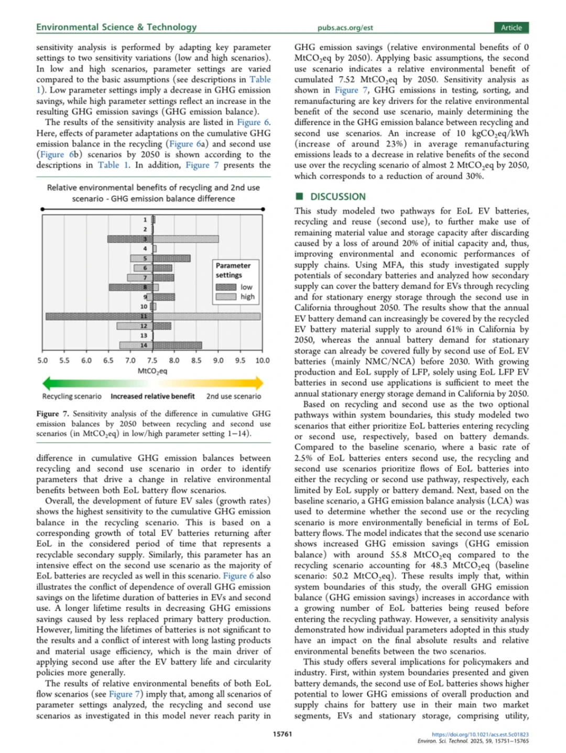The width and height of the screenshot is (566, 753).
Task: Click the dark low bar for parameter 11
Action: [x=100, y=317]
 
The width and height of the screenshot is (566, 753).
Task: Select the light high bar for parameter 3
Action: [x=186, y=239]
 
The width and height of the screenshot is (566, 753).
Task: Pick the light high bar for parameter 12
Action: [x=135, y=326]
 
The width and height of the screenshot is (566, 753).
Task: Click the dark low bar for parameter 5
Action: [x=171, y=259]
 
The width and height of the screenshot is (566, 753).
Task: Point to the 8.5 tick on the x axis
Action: [x=196, y=361]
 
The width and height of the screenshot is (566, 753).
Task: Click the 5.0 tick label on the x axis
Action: [x=42, y=361]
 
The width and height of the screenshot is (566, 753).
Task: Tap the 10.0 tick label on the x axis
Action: [x=262, y=361]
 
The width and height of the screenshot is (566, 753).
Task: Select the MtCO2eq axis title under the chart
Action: [x=153, y=371]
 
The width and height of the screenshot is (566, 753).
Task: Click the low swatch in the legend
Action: [x=226, y=287]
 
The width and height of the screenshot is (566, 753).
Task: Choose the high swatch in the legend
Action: [x=226, y=297]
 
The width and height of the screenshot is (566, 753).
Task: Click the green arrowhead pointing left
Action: [x=47, y=384]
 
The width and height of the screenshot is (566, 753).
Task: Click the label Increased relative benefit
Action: [x=153, y=397]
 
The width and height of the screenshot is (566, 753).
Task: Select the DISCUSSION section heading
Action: [x=338, y=197]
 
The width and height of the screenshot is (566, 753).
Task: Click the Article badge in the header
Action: [x=511, y=28]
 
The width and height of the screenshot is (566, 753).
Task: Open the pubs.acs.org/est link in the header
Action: [x=345, y=28]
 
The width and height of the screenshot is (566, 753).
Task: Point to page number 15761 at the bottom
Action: [x=282, y=734]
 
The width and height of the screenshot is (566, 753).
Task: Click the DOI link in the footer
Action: [x=480, y=734]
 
